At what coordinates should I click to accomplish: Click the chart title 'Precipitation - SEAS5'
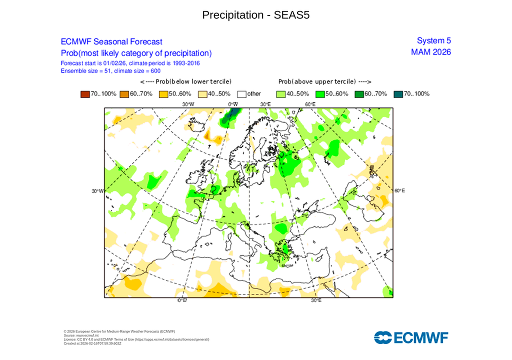click(256, 15)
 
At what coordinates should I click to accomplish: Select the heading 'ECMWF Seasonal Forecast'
click(111, 42)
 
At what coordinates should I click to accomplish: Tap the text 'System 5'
click(433, 41)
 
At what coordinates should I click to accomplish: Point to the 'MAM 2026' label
click(430, 52)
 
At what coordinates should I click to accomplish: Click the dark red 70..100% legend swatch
click(84, 93)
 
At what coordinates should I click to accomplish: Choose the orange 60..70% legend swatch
click(124, 93)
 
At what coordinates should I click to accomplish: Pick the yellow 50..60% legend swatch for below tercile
click(163, 93)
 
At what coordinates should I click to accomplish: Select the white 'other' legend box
click(242, 93)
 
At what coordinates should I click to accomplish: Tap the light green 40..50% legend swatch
click(281, 93)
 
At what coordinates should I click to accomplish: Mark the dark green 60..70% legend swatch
click(359, 93)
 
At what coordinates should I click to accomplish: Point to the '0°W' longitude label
click(232, 104)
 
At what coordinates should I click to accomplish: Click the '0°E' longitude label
click(182, 300)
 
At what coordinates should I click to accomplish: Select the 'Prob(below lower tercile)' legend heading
click(185, 81)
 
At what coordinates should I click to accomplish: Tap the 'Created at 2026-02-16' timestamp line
click(92, 343)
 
